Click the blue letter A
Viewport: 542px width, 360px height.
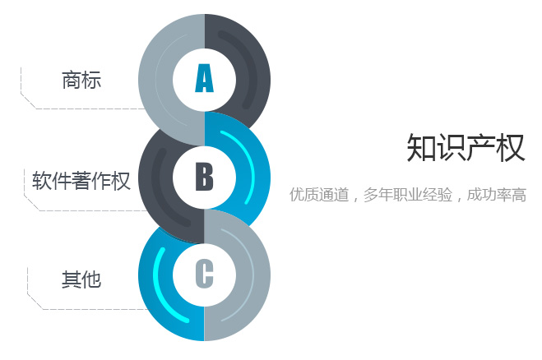tap(204, 78)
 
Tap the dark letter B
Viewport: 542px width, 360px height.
tap(204, 177)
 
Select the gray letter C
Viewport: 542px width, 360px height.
tap(204, 273)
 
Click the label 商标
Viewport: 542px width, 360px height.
tap(81, 80)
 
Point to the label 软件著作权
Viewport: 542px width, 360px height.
tap(81, 180)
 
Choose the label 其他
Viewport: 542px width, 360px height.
tap(81, 279)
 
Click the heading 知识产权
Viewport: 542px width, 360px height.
tap(466, 148)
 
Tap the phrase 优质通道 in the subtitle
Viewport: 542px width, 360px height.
tap(319, 195)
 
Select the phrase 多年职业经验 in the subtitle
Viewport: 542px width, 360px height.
tap(408, 195)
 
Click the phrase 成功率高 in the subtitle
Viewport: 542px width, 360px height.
tap(497, 195)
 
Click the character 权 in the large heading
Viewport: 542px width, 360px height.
tap(511, 148)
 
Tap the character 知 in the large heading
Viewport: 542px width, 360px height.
tap(420, 148)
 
